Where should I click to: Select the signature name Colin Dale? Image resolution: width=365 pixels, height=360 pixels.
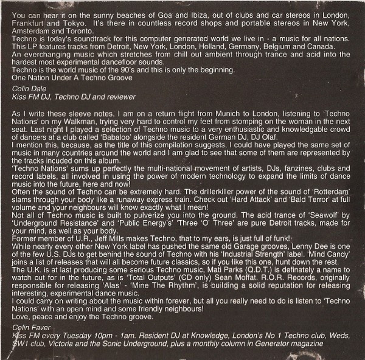point(27,89)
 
